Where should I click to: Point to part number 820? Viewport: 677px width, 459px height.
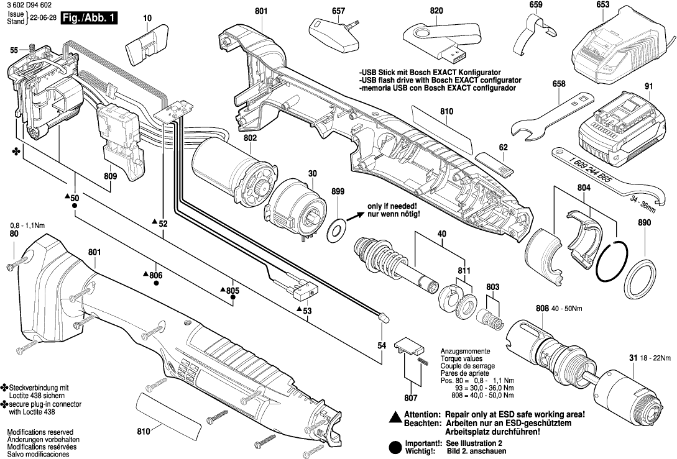[x=436, y=11]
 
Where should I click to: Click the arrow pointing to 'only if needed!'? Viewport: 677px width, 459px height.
[x=355, y=215]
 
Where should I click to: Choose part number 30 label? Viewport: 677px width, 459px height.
[x=312, y=173]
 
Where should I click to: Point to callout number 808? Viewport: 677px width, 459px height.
[x=541, y=308]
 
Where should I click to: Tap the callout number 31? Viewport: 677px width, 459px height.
[x=633, y=358]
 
